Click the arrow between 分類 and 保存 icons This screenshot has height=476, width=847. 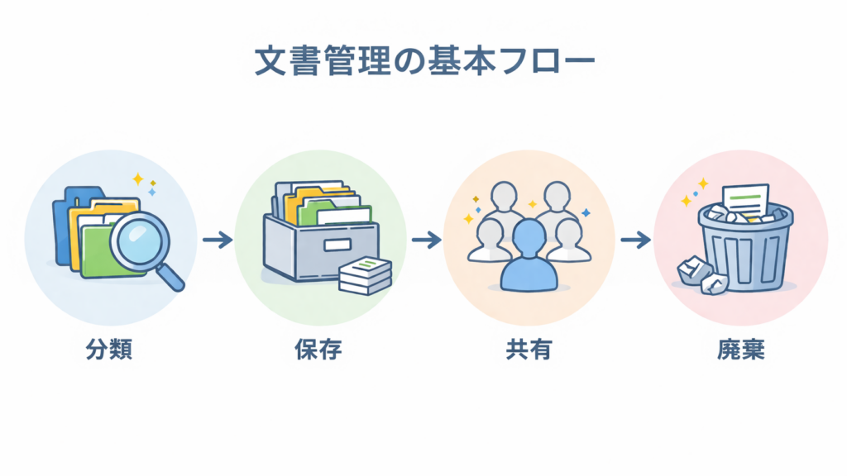[x=217, y=240]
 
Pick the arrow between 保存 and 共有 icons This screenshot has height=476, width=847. [x=425, y=240]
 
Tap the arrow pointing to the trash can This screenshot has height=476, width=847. [x=634, y=240]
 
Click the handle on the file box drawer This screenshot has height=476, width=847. [x=337, y=245]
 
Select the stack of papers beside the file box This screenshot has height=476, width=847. [x=365, y=275]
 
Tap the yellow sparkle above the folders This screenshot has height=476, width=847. [x=136, y=178]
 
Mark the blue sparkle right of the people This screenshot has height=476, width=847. [x=586, y=212]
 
